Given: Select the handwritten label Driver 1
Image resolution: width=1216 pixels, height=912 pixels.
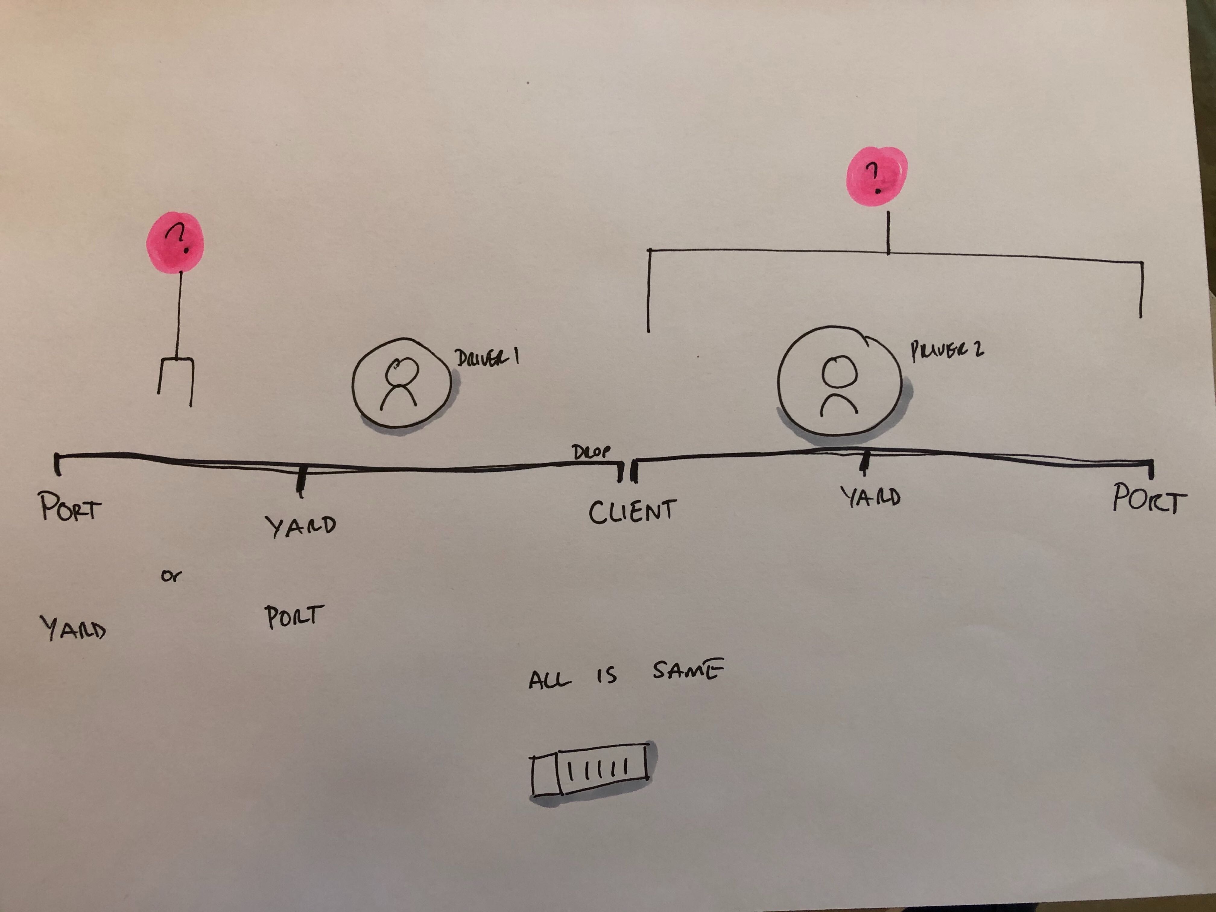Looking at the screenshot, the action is pos(487,358).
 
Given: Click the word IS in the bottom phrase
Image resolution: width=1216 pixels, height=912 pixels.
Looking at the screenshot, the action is pos(607,676).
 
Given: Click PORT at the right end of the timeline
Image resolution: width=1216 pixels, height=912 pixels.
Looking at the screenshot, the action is pos(1149,499).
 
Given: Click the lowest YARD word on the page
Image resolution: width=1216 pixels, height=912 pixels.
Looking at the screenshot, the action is pos(73,628).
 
